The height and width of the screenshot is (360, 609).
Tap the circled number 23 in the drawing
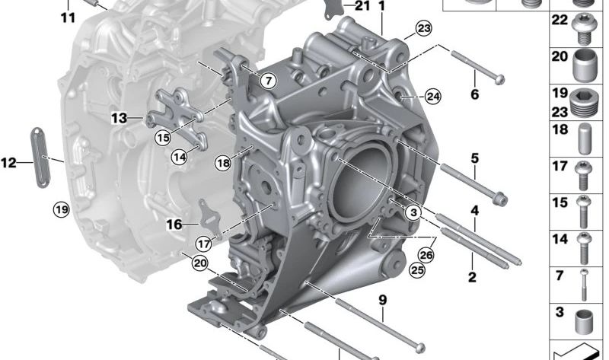(422, 30)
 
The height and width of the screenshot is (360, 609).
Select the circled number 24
(432, 96)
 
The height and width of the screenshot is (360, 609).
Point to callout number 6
(474, 95)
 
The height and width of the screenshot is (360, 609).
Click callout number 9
(383, 300)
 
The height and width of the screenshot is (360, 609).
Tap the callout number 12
(8, 162)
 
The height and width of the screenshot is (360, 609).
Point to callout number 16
(174, 225)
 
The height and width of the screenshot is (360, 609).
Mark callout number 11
(69, 17)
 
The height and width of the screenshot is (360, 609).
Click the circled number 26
(426, 255)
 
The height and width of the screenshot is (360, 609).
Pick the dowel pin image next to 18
(584, 139)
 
